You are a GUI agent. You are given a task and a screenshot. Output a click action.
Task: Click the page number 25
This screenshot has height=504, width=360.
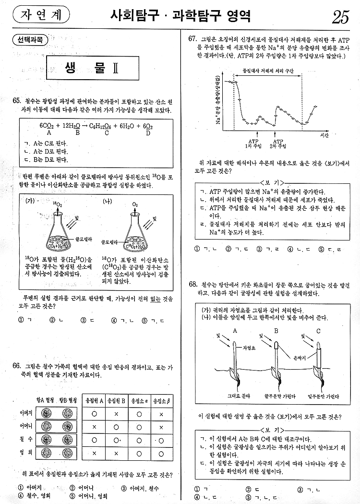340,18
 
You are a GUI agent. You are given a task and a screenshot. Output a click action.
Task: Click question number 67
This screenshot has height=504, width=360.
193,39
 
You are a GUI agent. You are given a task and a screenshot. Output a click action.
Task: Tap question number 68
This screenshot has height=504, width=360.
193,285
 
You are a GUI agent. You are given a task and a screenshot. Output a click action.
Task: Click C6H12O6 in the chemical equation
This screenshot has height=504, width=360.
102,126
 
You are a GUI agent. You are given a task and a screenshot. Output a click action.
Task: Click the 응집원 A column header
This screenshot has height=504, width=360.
94,400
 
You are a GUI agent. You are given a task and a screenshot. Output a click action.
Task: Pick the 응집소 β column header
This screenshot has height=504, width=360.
161,400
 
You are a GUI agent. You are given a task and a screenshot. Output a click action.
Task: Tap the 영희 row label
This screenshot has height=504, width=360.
26,452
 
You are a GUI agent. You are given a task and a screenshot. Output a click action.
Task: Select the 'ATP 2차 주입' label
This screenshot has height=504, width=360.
277,143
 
